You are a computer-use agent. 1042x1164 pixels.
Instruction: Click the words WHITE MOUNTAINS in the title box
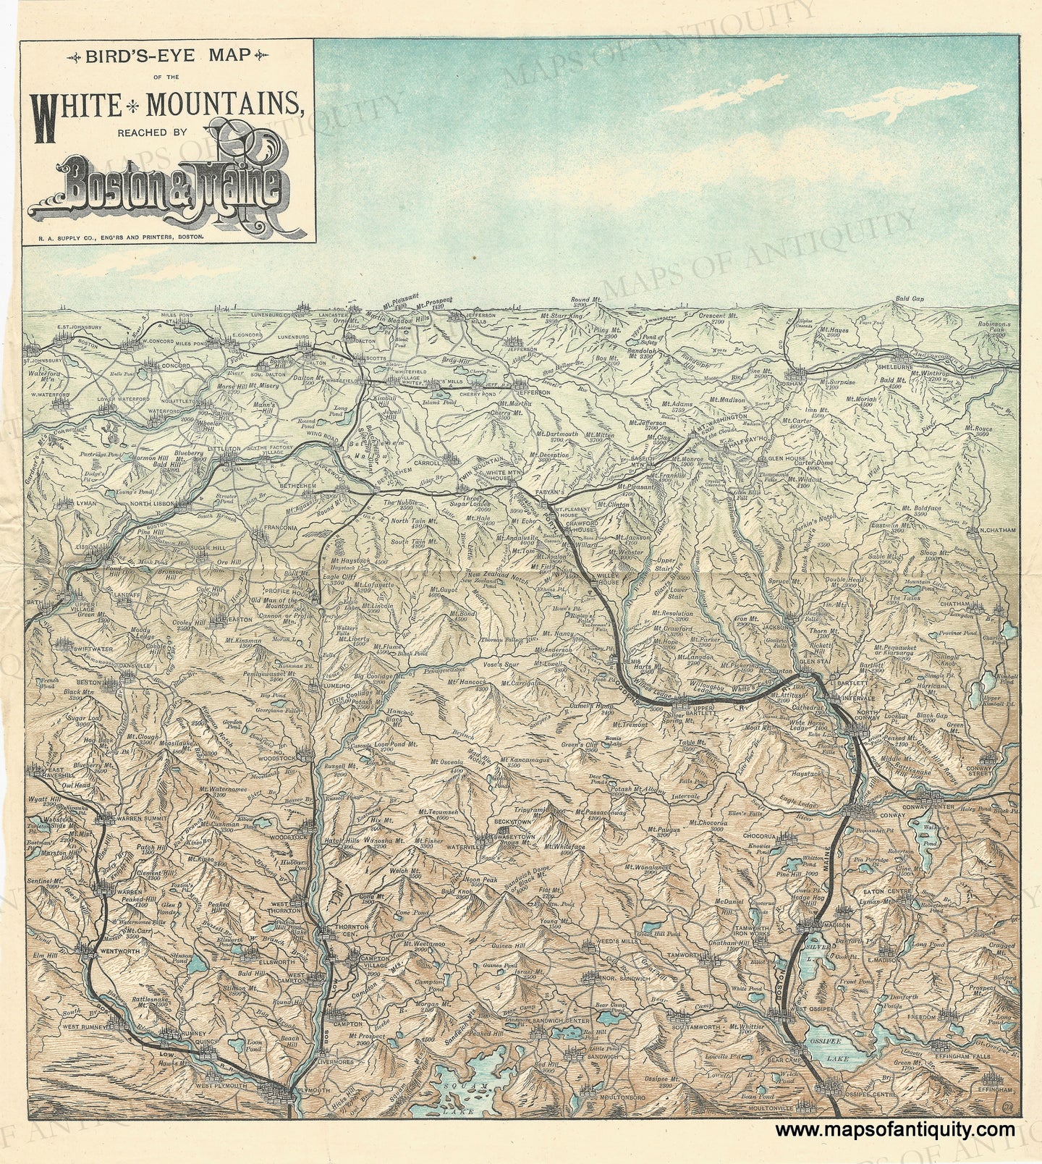click(166, 106)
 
